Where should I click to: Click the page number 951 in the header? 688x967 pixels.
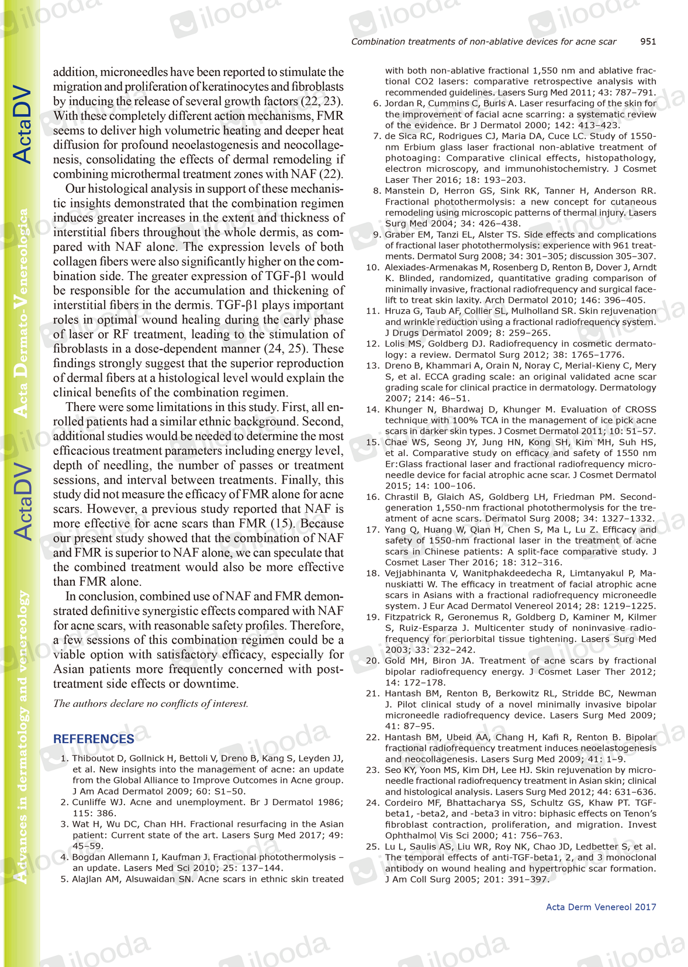pos(648,42)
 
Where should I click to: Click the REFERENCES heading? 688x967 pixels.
pos(94,739)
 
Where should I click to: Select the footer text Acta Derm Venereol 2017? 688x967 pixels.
pos(600,907)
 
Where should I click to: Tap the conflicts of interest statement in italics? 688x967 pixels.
pos(151,703)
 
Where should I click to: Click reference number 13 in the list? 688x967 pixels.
pos(372,366)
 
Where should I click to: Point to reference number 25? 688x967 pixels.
pos(372,847)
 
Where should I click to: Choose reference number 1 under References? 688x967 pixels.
pos(64,759)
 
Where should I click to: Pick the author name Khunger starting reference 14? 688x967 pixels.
pos(403,410)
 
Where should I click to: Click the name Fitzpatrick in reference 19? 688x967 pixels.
pos(408,617)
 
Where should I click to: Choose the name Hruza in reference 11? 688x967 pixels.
pos(397,311)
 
